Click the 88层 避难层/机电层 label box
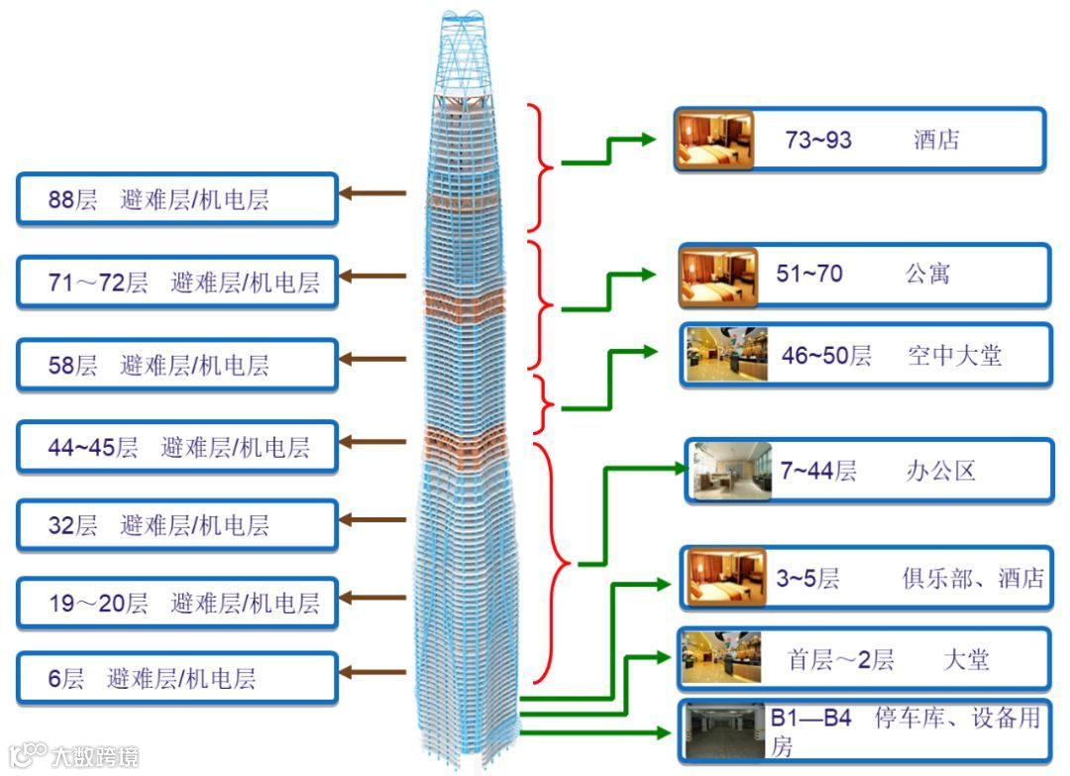[x=177, y=199]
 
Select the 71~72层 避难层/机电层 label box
[x=177, y=281]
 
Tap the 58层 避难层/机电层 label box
[x=177, y=365]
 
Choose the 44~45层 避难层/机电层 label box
[x=177, y=447]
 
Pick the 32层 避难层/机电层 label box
[x=177, y=525]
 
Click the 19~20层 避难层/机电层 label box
[x=177, y=602]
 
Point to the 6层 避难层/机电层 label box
[x=177, y=679]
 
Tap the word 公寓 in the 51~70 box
[x=926, y=274]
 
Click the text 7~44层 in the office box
[x=817, y=471]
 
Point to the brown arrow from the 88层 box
[x=374, y=193]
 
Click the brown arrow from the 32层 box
[x=374, y=519]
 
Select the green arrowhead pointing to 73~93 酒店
[x=648, y=139]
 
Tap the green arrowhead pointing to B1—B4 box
[x=663, y=733]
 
